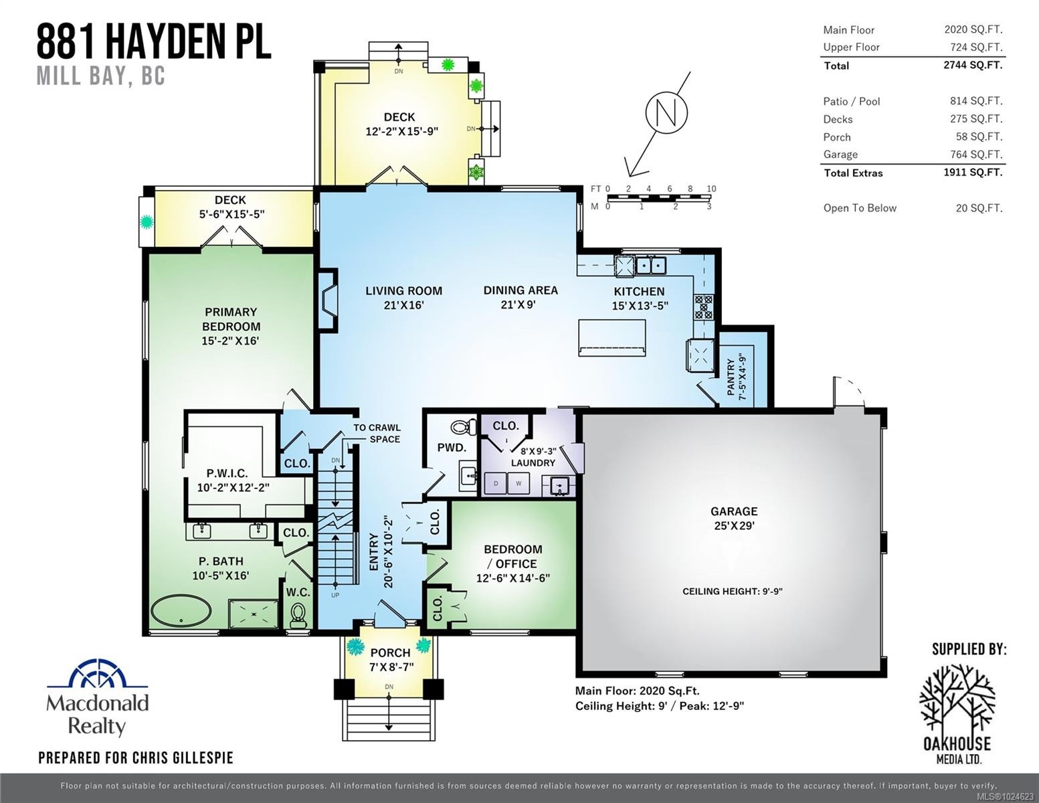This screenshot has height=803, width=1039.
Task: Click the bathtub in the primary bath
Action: pos(181,612)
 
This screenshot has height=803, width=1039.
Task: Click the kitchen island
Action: pos(612,337)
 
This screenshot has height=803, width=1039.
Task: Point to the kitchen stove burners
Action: pos(703,306)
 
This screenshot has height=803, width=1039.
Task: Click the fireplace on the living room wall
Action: pos(327,300)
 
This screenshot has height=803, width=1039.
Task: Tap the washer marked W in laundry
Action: pos(518,483)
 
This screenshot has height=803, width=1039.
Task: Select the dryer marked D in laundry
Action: pos(496,483)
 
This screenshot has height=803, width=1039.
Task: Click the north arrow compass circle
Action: pos(666,112)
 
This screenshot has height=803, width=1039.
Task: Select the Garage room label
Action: pos(734,511)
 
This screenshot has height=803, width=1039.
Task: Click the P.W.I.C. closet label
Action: pos(227,473)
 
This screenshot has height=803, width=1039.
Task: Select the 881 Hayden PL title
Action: pos(154,41)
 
